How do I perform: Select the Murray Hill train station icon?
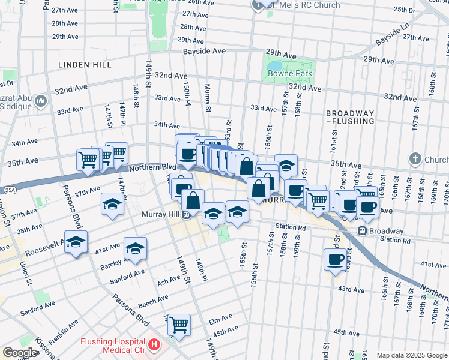187,214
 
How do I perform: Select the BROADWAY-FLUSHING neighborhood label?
350,117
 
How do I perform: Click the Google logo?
20,353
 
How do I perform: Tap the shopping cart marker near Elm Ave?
179,324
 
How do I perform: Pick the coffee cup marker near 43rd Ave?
335,259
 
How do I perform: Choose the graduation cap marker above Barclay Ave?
135,248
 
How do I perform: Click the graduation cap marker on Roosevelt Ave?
76,242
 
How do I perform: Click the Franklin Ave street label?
64,331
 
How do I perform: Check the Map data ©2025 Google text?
412,355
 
